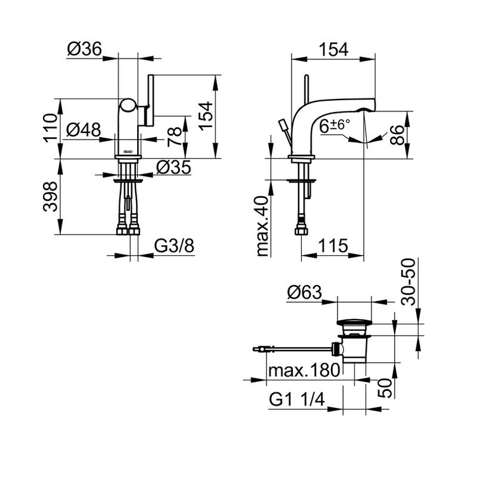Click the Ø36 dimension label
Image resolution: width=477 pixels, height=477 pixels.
[84, 49]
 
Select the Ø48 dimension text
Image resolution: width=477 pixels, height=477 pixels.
[83, 130]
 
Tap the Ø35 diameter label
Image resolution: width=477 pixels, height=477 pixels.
[174, 167]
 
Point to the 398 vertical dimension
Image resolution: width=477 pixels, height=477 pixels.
[50, 197]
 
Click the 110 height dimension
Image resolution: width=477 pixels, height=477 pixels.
[50, 128]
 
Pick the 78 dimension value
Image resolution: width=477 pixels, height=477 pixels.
[175, 137]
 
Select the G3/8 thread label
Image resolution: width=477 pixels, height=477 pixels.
[174, 246]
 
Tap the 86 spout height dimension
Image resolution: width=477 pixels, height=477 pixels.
[397, 135]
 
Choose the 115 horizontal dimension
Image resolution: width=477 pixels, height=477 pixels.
[333, 246]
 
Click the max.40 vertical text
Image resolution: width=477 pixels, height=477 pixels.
[263, 227]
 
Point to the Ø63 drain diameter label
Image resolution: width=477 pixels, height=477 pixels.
[304, 293]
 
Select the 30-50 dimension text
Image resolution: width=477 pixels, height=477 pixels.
[408, 281]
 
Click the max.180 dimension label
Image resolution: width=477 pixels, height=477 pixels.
[304, 370]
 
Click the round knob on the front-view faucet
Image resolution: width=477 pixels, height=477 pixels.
[128, 106]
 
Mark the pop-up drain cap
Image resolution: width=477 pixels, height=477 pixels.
[354, 322]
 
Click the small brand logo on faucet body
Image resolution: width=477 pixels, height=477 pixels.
[128, 151]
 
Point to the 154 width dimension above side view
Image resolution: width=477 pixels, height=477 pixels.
[333, 49]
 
